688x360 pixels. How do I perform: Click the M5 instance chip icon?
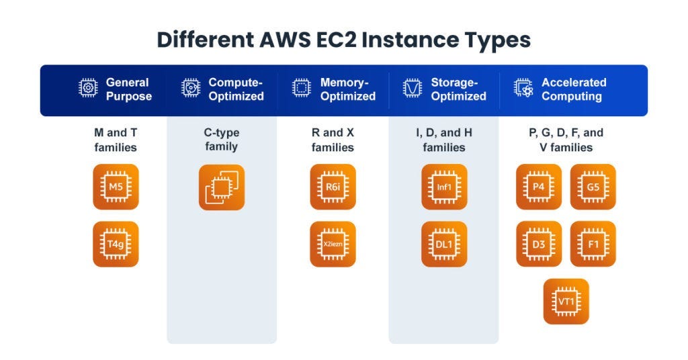(116, 187)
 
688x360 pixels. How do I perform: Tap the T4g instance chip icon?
(116, 244)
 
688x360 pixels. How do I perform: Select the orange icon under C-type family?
(222, 187)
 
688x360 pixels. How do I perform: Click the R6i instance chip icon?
(333, 187)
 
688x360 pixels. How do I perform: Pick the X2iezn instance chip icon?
(333, 244)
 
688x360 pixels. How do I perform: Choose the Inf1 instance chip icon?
(444, 187)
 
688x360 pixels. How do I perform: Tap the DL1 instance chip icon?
(444, 244)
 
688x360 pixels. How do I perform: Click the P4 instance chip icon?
(539, 187)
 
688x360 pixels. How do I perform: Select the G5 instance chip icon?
(593, 187)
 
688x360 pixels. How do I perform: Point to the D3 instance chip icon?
(539, 244)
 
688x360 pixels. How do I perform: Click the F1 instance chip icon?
(593, 244)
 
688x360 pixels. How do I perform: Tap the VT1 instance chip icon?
(566, 302)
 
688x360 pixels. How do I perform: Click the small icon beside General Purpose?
(88, 89)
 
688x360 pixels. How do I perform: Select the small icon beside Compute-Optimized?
(191, 89)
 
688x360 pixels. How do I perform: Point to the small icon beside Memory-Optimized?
(302, 89)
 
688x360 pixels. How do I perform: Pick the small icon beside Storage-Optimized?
(412, 89)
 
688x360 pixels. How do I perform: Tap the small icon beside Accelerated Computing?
(523, 89)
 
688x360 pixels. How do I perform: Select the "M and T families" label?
(116, 140)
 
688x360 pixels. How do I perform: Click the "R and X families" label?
(333, 140)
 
